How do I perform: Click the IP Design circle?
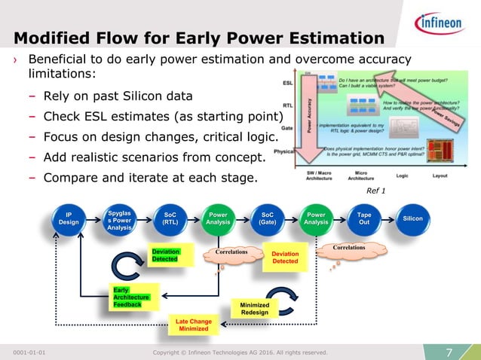click(x=69, y=218)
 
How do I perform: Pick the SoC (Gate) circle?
click(x=267, y=218)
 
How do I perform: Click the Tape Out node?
click(x=363, y=218)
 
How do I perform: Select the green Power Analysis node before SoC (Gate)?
click(x=218, y=218)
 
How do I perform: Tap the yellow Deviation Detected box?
click(x=285, y=258)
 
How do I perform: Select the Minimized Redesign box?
click(x=254, y=308)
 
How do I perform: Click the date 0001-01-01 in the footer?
click(x=34, y=352)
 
